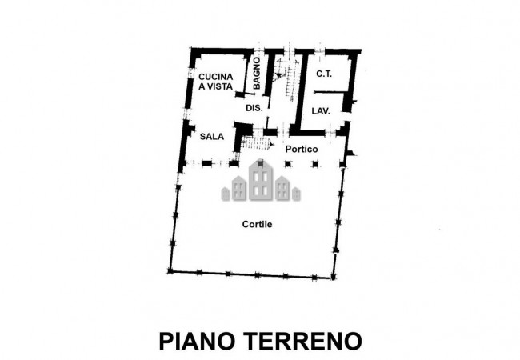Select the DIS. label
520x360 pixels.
[x=254, y=107]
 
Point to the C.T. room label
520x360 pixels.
[x=323, y=74]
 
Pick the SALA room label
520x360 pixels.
[x=211, y=136]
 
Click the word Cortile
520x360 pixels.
[x=258, y=225]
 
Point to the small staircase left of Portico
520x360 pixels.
[x=256, y=143]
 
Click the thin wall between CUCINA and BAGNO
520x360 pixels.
[x=243, y=76]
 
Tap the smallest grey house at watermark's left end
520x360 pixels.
[x=226, y=192]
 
